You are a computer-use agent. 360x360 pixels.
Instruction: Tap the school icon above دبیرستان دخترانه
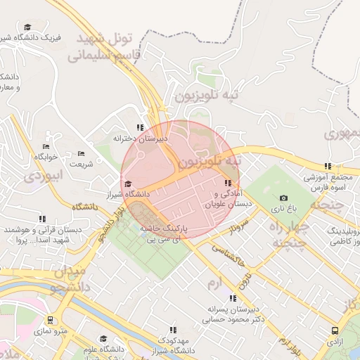pyautogui.click(x=140, y=128)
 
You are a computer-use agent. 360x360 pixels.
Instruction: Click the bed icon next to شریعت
pyautogui.click(x=81, y=153)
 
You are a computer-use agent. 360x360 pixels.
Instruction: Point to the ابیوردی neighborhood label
pyautogui.click(x=44, y=176)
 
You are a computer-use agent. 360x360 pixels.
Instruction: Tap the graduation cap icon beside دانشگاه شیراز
pyautogui.click(x=127, y=184)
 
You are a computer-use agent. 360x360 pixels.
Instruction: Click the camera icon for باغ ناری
pyautogui.click(x=283, y=198)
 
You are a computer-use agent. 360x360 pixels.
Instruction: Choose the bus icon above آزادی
pyautogui.click(x=333, y=330)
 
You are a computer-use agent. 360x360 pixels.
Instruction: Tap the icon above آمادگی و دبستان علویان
pyautogui.click(x=227, y=184)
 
